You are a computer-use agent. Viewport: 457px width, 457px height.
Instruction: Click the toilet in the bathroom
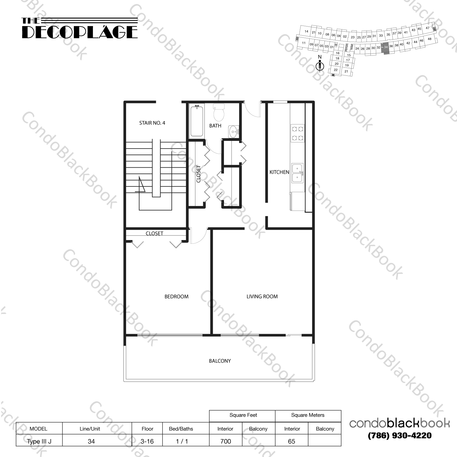tap(219, 112)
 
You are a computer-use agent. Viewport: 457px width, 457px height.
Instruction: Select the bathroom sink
tap(234, 132)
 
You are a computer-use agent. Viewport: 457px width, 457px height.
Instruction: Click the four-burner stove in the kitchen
tap(297, 133)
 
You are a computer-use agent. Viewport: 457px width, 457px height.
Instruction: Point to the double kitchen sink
tap(297, 173)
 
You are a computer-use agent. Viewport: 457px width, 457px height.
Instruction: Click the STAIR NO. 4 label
tap(152, 123)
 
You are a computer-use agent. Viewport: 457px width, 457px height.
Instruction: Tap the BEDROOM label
tap(176, 297)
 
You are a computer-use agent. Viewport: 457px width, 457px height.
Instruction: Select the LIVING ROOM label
tap(262, 297)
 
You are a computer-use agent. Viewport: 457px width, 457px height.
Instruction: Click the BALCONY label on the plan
tap(220, 361)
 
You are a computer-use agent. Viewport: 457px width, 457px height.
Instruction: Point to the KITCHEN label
tap(279, 172)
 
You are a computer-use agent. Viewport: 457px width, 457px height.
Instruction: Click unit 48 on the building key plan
tap(429, 39)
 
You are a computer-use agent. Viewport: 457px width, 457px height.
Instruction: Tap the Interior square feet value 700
tap(225, 441)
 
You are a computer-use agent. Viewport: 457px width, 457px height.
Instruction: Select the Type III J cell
tap(39, 441)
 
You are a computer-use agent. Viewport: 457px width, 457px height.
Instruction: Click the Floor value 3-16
tap(147, 441)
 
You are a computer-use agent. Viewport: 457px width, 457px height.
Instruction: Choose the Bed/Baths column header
tap(181, 429)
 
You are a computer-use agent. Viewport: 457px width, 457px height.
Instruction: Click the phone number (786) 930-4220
tap(399, 436)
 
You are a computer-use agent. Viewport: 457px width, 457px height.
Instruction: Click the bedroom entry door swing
tap(198, 236)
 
